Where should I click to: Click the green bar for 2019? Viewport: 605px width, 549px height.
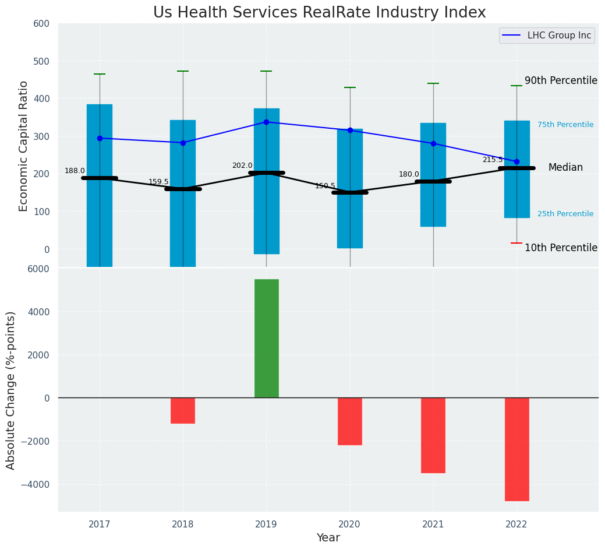click(x=266, y=338)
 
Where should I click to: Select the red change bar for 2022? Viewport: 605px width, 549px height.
click(x=516, y=449)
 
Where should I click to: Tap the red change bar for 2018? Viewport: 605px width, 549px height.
click(x=183, y=410)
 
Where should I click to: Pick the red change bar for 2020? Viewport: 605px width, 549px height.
click(x=349, y=421)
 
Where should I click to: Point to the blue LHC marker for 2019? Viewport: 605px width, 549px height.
click(x=266, y=122)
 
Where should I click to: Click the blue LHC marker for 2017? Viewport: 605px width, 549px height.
click(x=100, y=138)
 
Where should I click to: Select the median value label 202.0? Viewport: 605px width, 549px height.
click(x=242, y=166)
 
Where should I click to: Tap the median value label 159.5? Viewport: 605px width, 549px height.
click(x=158, y=182)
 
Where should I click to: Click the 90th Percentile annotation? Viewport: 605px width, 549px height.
click(x=561, y=80)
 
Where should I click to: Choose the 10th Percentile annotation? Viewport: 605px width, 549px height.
click(x=561, y=248)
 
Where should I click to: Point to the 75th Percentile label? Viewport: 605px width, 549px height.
click(x=565, y=125)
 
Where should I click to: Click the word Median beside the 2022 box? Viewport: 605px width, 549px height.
click(x=565, y=167)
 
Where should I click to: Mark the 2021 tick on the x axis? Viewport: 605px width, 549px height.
click(x=433, y=525)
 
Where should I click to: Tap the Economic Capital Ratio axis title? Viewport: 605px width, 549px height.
click(x=24, y=146)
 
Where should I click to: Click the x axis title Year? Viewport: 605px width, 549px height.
click(x=328, y=538)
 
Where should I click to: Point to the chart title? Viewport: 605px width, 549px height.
click(x=319, y=12)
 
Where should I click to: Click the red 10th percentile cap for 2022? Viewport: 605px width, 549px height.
click(x=516, y=243)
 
